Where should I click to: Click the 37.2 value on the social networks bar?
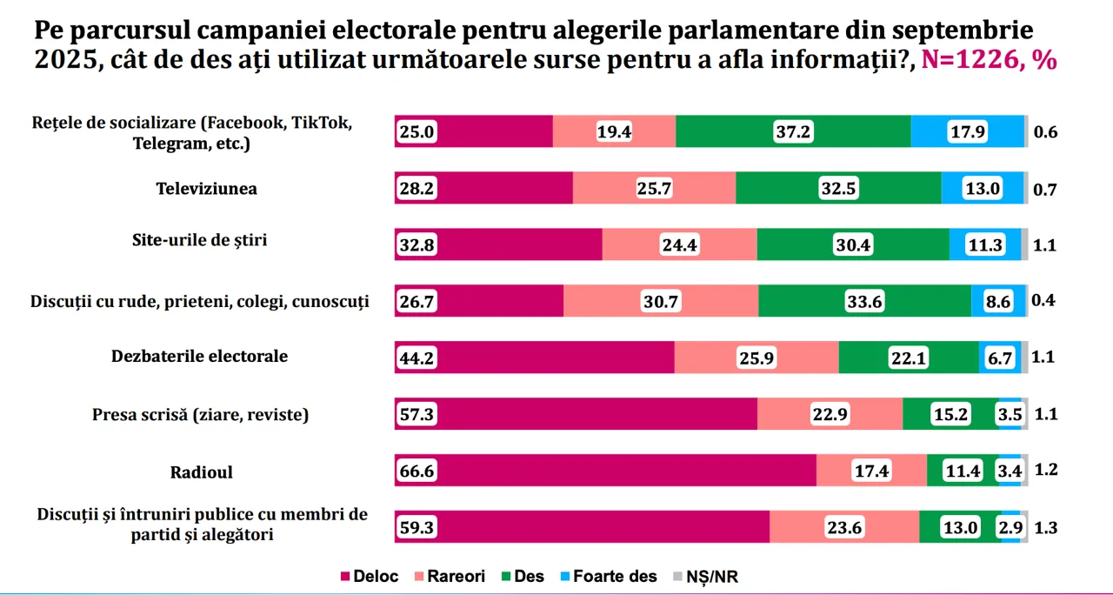tap(792, 131)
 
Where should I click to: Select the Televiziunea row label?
tap(207, 189)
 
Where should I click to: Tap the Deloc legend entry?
tap(370, 576)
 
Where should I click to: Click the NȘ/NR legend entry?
tap(705, 576)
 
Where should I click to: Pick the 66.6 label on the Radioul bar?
tap(417, 471)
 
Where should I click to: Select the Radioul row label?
tap(202, 472)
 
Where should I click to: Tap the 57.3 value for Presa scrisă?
tap(417, 414)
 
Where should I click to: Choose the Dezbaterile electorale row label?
tap(199, 357)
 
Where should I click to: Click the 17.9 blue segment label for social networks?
tap(968, 131)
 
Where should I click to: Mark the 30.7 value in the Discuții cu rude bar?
tap(662, 301)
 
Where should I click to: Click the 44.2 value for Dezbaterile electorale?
tap(417, 358)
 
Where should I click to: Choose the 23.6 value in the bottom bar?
tap(844, 527)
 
